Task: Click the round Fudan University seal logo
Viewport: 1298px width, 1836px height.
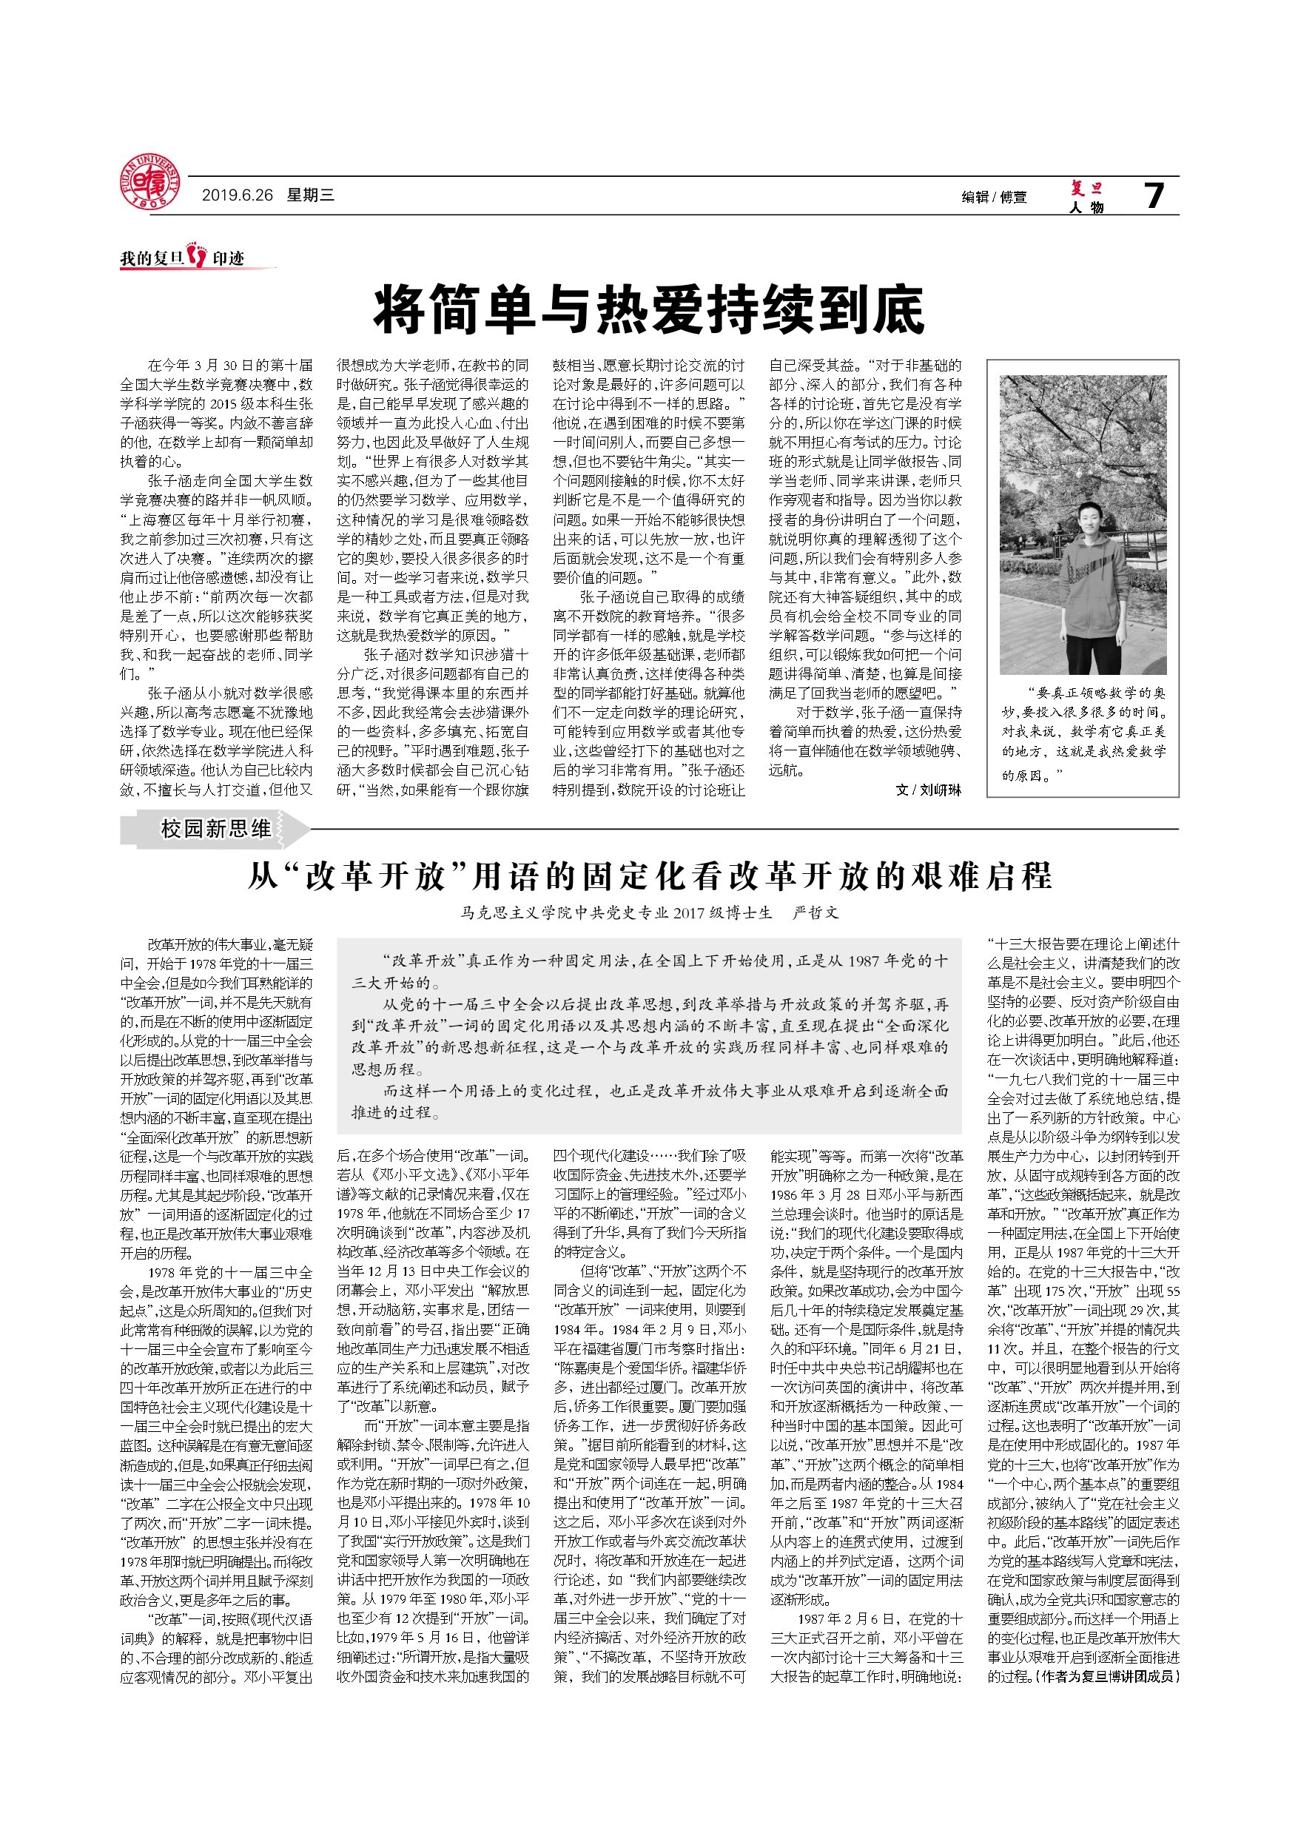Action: pyautogui.click(x=149, y=183)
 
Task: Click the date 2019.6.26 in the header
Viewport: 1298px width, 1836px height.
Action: pyautogui.click(x=237, y=195)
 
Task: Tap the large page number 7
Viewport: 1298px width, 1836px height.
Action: pyautogui.click(x=1153, y=195)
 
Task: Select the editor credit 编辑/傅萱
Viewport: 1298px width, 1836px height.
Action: pyautogui.click(x=993, y=197)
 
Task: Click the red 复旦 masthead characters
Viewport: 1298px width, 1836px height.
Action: pyautogui.click(x=1086, y=188)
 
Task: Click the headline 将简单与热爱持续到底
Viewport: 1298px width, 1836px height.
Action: pyautogui.click(x=648, y=310)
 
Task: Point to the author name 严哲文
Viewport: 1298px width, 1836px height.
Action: pyautogui.click(x=815, y=912)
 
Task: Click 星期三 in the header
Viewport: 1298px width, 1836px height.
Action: pyautogui.click(x=310, y=195)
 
